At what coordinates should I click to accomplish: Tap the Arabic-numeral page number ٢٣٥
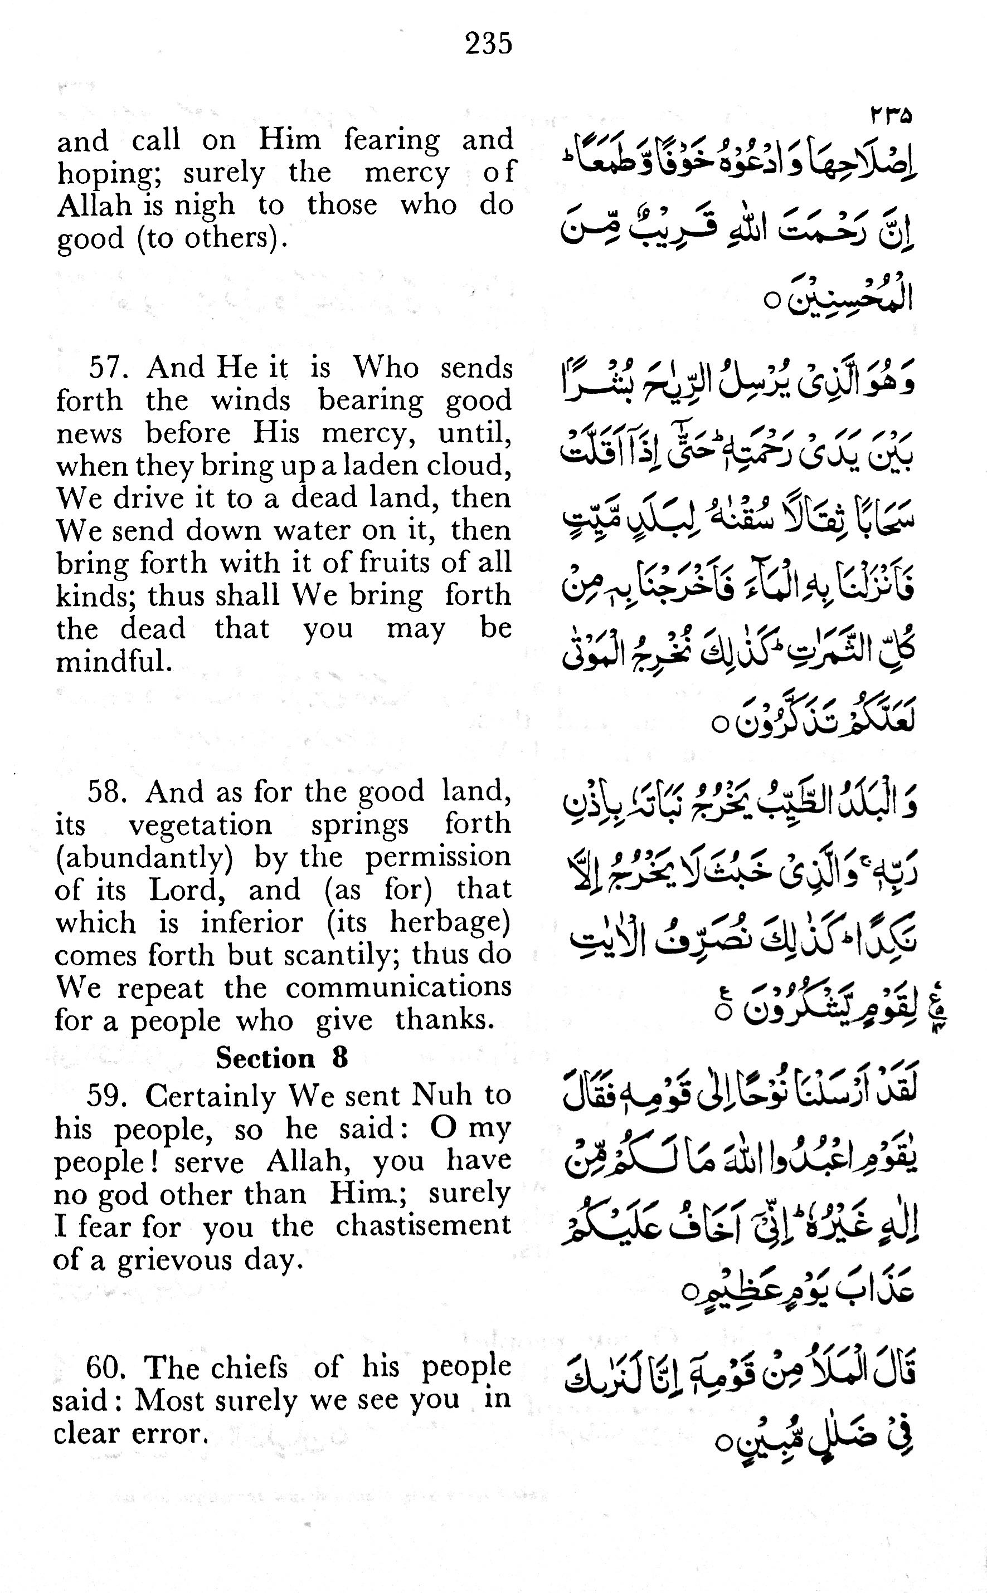(891, 115)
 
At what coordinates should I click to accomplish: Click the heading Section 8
(282, 1057)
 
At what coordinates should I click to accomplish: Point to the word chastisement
(423, 1226)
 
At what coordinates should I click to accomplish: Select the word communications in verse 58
(398, 987)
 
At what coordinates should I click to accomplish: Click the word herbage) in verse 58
(450, 922)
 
